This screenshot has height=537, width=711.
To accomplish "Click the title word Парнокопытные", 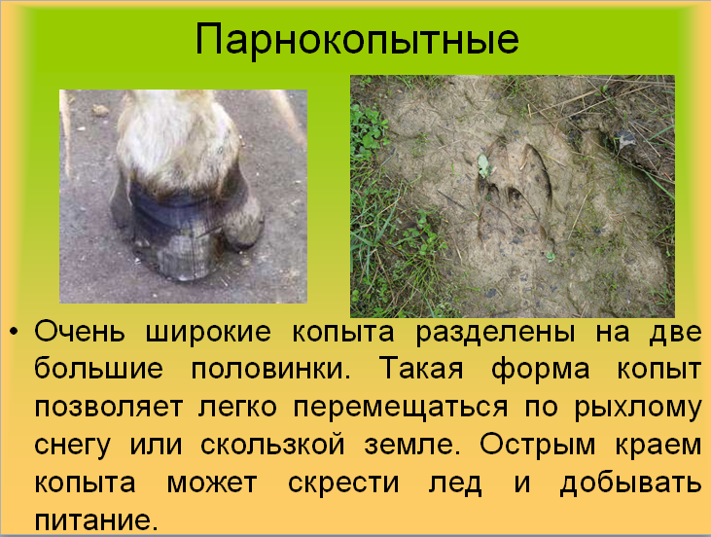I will [x=355, y=40].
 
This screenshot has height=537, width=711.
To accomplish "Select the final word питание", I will [x=95, y=519].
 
